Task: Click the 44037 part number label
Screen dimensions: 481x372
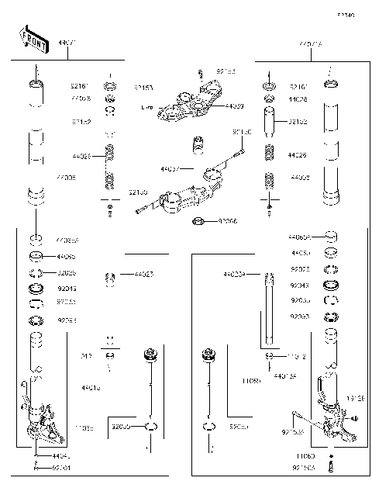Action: point(170,168)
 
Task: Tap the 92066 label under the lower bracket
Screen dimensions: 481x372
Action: point(227,222)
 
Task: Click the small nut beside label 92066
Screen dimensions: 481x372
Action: point(198,223)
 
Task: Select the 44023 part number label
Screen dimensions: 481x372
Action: point(143,275)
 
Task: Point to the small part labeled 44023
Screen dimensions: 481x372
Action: point(111,277)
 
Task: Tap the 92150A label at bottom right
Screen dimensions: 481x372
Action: point(305,469)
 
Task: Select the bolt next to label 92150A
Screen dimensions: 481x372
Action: point(332,467)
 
